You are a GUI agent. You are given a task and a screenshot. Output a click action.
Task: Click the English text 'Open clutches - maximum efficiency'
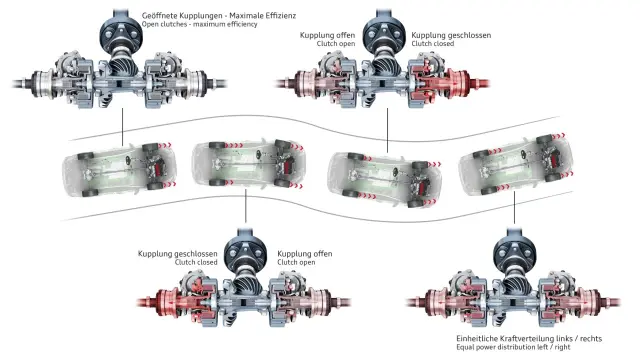click(x=200, y=24)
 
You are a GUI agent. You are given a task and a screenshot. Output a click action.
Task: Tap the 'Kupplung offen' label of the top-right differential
click(x=327, y=35)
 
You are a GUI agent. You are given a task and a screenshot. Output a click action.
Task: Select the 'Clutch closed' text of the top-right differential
click(x=433, y=44)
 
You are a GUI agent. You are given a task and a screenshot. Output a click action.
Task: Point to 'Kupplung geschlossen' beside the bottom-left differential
click(x=178, y=254)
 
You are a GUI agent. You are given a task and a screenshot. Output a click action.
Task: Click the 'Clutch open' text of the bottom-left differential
click(x=296, y=262)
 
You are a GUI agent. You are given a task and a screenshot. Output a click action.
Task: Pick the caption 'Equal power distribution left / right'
click(x=513, y=347)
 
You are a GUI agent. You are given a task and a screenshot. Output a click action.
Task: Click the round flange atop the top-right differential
click(x=384, y=34)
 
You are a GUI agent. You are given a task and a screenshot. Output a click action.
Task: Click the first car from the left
click(x=120, y=169)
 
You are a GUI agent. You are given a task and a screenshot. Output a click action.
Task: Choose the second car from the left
click(x=249, y=164)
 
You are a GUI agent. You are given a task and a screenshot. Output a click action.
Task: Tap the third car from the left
click(x=384, y=179)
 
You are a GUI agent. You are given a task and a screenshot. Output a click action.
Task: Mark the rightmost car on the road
click(x=516, y=165)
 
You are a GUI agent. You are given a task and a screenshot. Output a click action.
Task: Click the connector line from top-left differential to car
click(x=122, y=127)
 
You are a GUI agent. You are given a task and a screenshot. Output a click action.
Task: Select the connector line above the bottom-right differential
click(x=514, y=207)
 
